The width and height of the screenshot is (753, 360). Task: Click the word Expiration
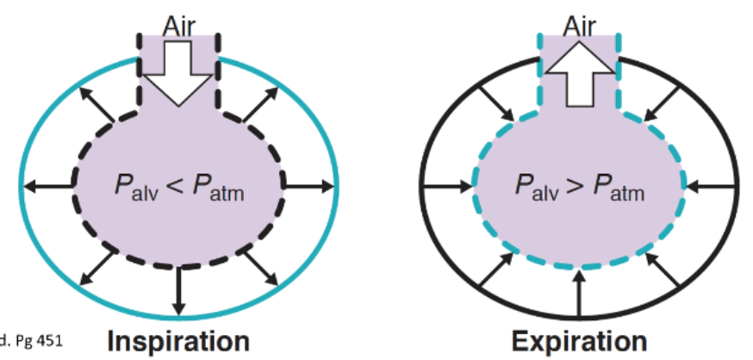coord(578,340)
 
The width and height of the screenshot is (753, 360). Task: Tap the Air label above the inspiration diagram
coord(178,27)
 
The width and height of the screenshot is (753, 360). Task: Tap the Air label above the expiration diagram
coord(579,27)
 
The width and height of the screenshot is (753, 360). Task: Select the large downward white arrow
coord(178,73)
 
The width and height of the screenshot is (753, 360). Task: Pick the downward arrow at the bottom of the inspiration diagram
coord(179,292)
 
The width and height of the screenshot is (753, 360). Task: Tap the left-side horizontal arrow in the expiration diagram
coord(449,183)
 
